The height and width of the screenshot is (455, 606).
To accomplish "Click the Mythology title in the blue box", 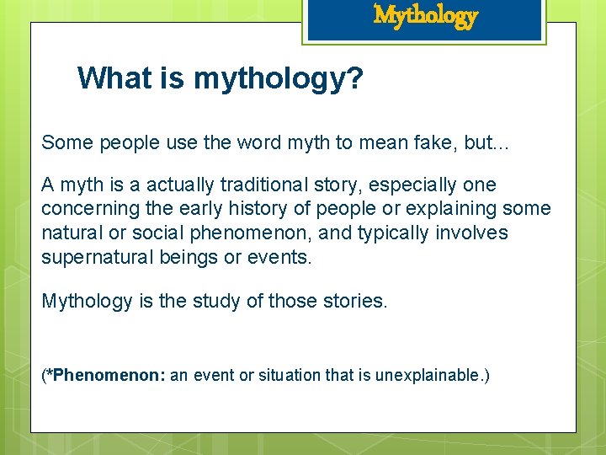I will point(426,15).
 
